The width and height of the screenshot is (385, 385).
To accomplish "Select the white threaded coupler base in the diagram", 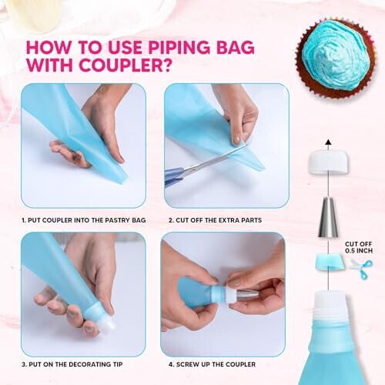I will tap(329, 308).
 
